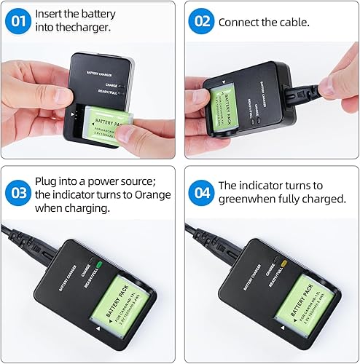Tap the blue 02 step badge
pos(200,22)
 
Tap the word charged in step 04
pos(326,199)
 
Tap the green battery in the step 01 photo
pos(102,124)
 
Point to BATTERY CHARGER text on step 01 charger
pos(101,74)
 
